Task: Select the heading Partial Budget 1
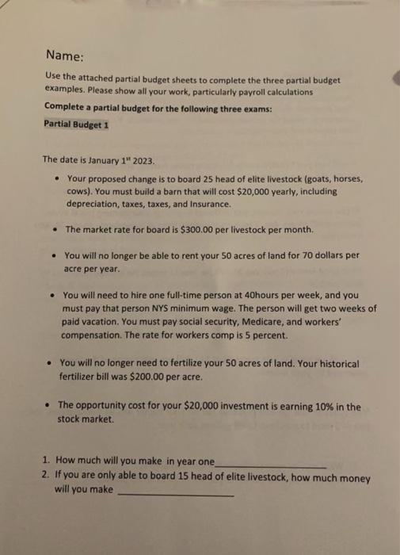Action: [x=77, y=125]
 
